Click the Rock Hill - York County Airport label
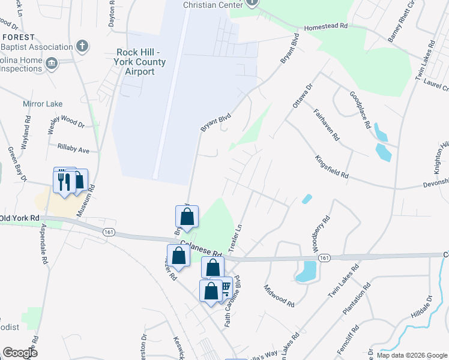pyautogui.click(x=144, y=62)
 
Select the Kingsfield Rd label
pyautogui.click(x=331, y=166)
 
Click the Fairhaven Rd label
pyautogui.click(x=326, y=124)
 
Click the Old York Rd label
pyautogui.click(x=20, y=217)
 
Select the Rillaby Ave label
pyautogui.click(x=73, y=148)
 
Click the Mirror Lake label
pyautogui.click(x=43, y=104)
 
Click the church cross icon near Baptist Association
pyautogui.click(x=83, y=46)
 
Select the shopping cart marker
pyautogui.click(x=224, y=287)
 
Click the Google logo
pyautogui.click(x=20, y=353)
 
